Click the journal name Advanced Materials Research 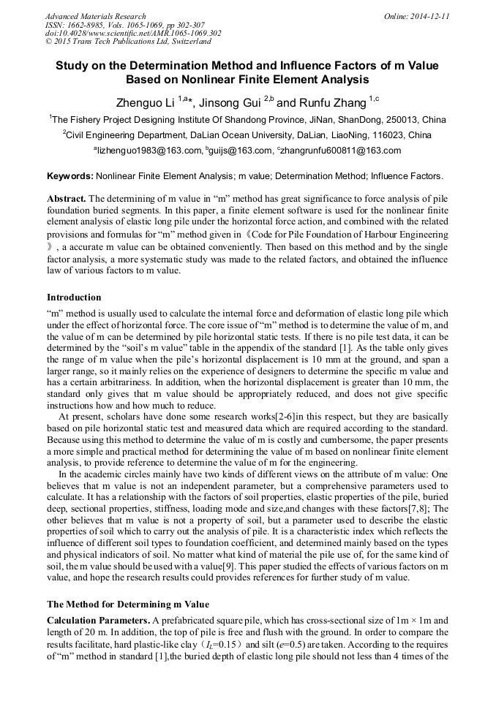(x=95, y=16)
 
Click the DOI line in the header (x=134, y=34)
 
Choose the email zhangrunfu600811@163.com (x=340, y=151)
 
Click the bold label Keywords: (x=69, y=176)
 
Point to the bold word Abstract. (x=67, y=199)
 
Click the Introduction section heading (x=74, y=298)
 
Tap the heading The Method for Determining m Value (x=127, y=605)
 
